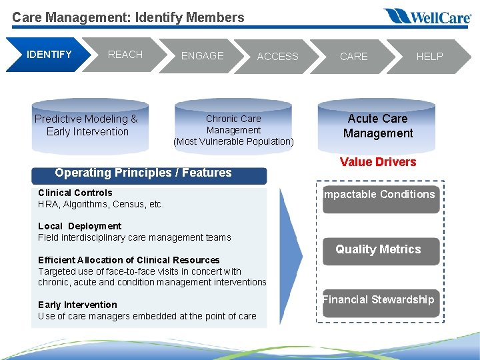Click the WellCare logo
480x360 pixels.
pyautogui.click(x=427, y=16)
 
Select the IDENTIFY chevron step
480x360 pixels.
pyautogui.click(x=48, y=55)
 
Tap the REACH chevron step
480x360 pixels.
pyautogui.click(x=125, y=55)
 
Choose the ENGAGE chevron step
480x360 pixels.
pyautogui.click(x=202, y=56)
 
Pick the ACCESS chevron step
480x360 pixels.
pyautogui.click(x=277, y=57)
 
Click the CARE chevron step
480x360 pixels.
pyautogui.click(x=353, y=57)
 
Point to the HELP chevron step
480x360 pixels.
pyautogui.click(x=429, y=57)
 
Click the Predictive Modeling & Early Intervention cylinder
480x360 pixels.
pyautogui.click(x=87, y=125)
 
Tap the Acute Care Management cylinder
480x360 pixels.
pyautogui.click(x=378, y=126)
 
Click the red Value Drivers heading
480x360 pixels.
pyautogui.click(x=378, y=162)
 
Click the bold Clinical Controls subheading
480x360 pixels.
pyautogui.click(x=75, y=193)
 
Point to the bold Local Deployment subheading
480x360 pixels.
pyautogui.click(x=80, y=227)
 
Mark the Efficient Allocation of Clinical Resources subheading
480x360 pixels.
pyautogui.click(x=129, y=260)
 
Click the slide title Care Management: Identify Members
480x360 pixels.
pyautogui.click(x=128, y=17)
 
